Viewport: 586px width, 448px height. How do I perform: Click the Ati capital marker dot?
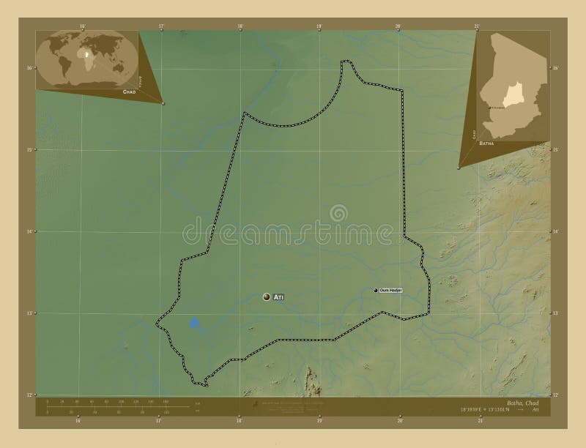pyautogui.click(x=267, y=297)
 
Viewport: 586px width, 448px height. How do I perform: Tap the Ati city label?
pyautogui.click(x=278, y=297)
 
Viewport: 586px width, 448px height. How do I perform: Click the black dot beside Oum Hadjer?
pyautogui.click(x=376, y=291)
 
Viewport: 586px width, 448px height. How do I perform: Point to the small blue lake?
pyautogui.click(x=194, y=323)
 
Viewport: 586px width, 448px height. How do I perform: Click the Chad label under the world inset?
pyautogui.click(x=128, y=94)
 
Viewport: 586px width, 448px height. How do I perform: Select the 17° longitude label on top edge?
pyautogui.click(x=161, y=26)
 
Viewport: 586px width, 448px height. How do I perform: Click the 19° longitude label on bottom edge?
pyautogui.click(x=319, y=421)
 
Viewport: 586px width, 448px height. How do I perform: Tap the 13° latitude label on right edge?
pyautogui.click(x=556, y=313)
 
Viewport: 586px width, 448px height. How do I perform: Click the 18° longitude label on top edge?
pyautogui.click(x=240, y=26)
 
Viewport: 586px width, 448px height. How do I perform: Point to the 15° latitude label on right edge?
pyautogui.click(x=556, y=149)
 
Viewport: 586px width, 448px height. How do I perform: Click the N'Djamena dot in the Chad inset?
pyautogui.click(x=489, y=108)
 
